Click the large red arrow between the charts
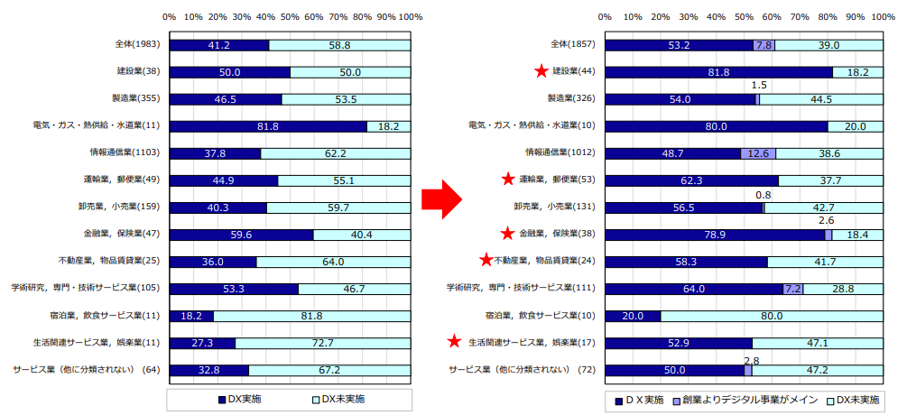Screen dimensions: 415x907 pyautogui.click(x=446, y=198)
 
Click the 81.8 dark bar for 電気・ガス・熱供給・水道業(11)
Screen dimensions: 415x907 pyautogui.click(x=268, y=126)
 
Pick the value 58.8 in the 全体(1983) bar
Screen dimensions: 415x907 pyautogui.click(x=339, y=45)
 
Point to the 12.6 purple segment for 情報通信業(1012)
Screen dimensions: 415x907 pyautogui.click(x=758, y=153)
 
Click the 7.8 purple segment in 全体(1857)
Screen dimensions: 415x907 pyautogui.click(x=764, y=45)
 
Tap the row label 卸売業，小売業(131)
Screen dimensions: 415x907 pyautogui.click(x=564, y=207)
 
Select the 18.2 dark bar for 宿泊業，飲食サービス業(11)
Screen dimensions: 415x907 pyautogui.click(x=191, y=316)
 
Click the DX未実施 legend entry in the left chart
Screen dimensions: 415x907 pyautogui.click(x=340, y=399)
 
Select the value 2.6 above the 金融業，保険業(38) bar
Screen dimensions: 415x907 pyautogui.click(x=825, y=219)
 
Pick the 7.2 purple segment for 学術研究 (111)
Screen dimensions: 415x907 pyautogui.click(x=793, y=289)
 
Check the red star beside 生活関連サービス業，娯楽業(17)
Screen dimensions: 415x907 pyautogui.click(x=456, y=343)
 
